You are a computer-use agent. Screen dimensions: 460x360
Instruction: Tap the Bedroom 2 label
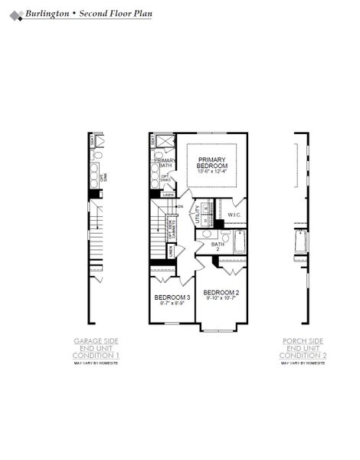click(x=221, y=293)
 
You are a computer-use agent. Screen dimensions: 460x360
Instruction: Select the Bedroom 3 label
click(x=172, y=297)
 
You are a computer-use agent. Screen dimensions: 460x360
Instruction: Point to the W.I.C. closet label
click(x=234, y=215)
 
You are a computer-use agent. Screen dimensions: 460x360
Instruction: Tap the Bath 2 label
click(x=217, y=246)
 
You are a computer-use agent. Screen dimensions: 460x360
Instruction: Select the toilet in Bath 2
click(x=206, y=235)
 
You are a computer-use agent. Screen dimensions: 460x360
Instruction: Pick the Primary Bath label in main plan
click(x=165, y=163)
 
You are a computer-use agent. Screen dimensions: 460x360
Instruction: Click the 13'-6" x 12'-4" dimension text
click(x=212, y=172)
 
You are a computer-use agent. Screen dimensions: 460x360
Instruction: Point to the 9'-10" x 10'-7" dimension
click(x=221, y=300)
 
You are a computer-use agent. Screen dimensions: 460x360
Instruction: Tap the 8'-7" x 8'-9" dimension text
click(x=172, y=304)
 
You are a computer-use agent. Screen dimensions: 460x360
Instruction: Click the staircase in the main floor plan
click(x=159, y=230)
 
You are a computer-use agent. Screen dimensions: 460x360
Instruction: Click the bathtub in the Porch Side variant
click(x=299, y=244)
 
